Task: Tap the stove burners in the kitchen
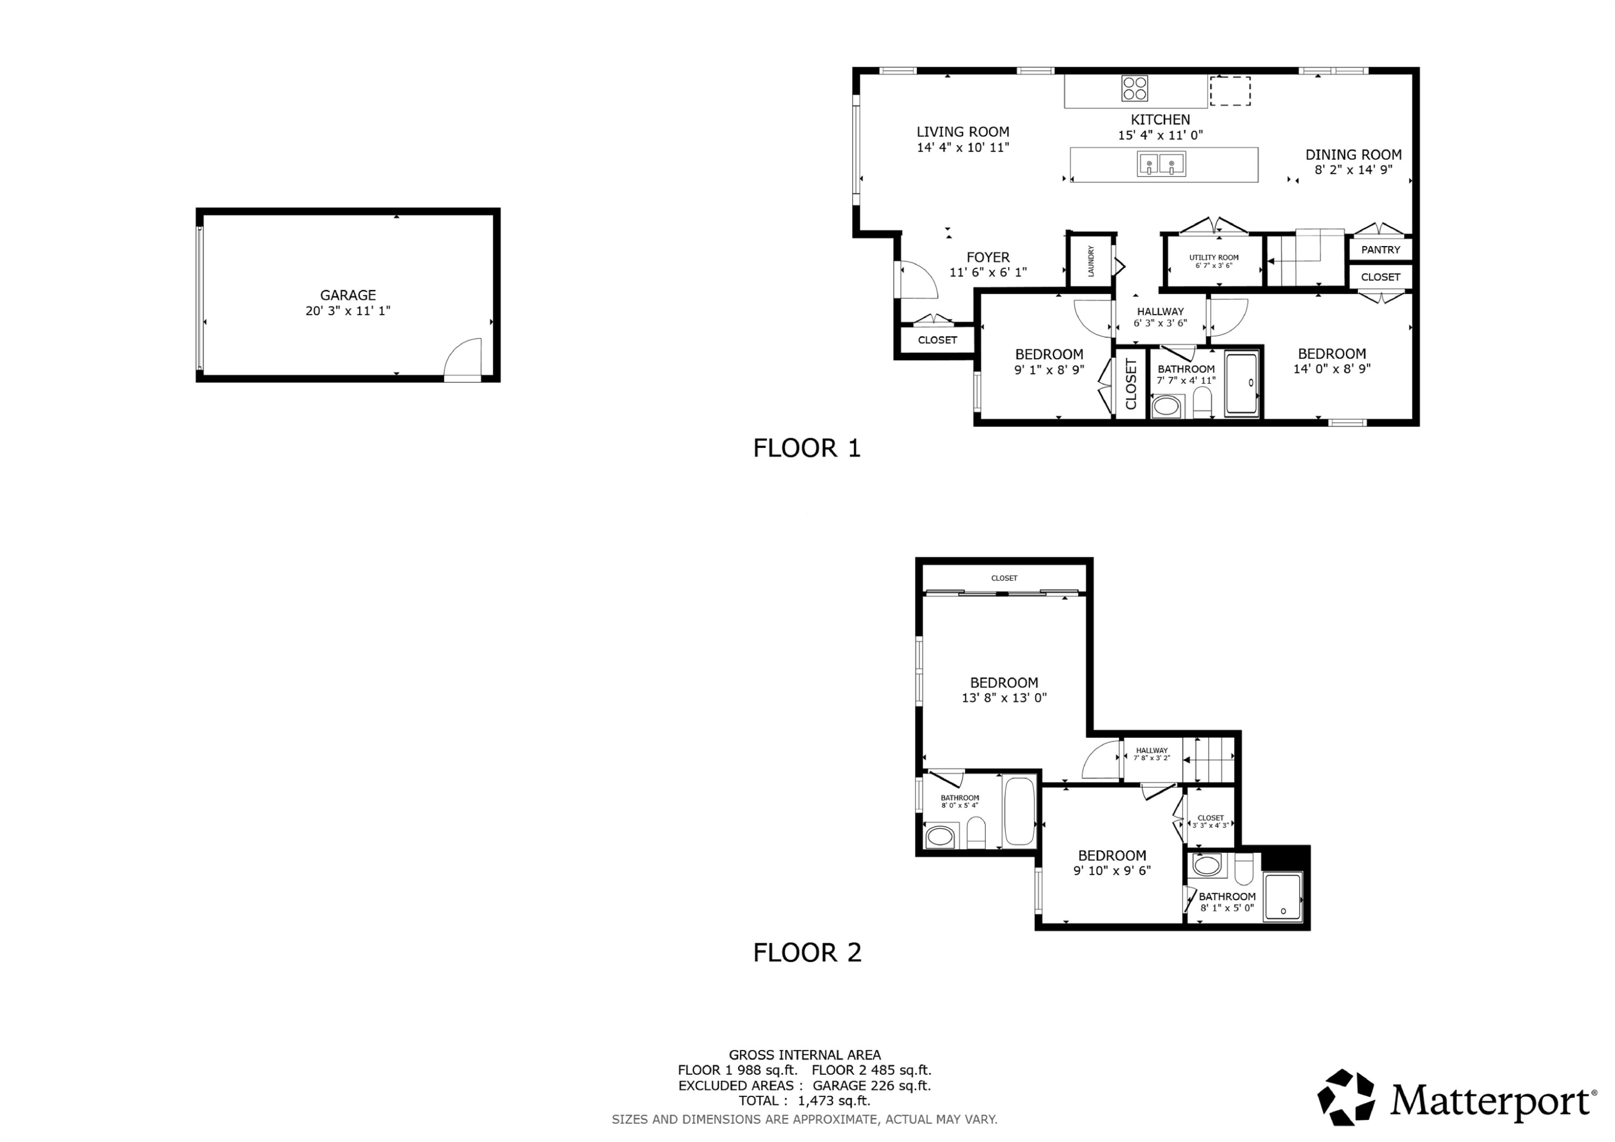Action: coord(1135,89)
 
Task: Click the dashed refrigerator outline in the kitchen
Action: coord(1230,91)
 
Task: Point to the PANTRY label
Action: coord(1380,250)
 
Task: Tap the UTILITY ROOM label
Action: coord(1213,257)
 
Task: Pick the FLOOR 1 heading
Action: coord(807,448)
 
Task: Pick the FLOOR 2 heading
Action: coord(807,952)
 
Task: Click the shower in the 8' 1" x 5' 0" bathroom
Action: coord(1283,896)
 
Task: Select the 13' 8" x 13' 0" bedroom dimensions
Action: coord(1004,698)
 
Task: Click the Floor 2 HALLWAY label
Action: coord(1151,750)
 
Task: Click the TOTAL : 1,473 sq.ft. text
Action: coord(804,1101)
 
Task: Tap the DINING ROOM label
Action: coord(1353,155)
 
